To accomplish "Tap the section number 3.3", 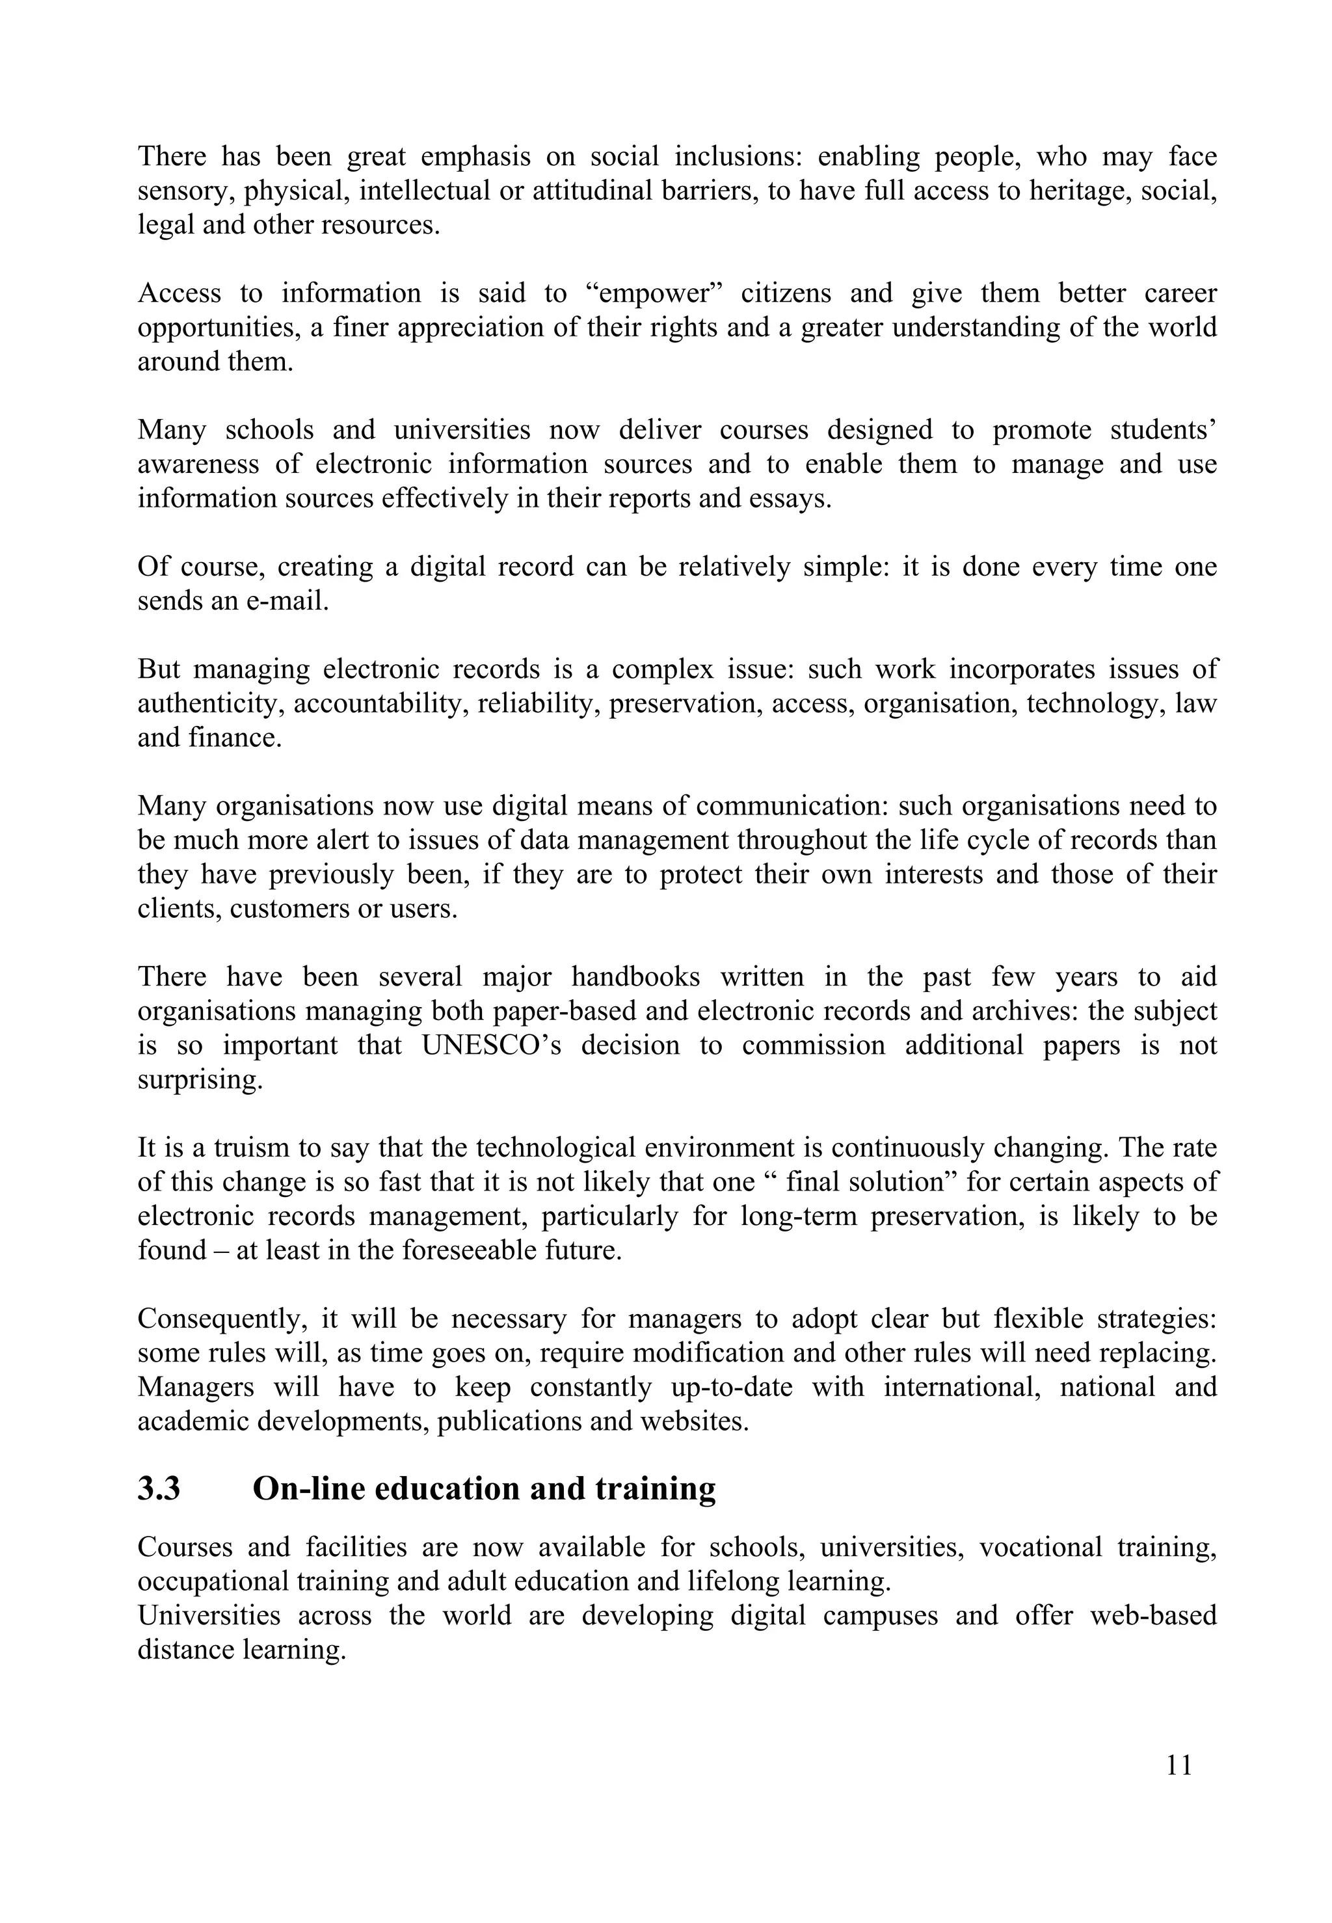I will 159,1489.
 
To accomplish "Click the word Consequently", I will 224,1319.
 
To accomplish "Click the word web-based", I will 1152,1616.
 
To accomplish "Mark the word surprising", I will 200,1080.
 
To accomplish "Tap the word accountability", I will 384,704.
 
